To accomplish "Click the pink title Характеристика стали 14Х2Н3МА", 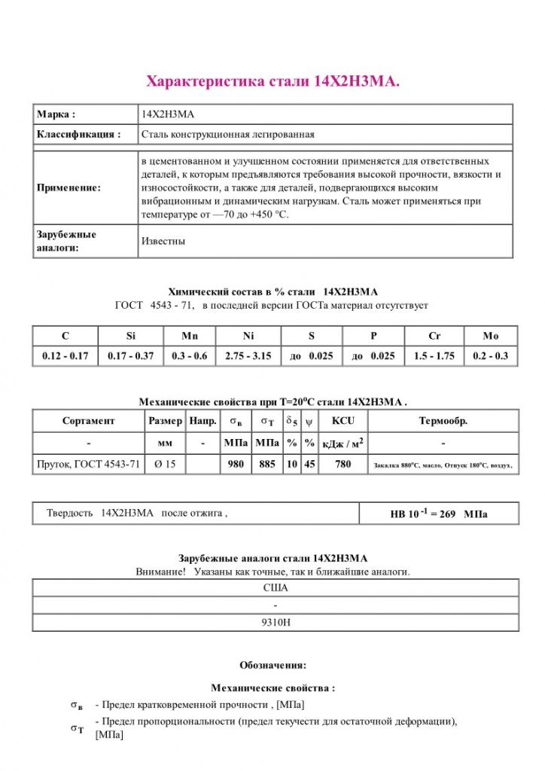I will click(272, 81).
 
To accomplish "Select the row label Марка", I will click(56, 114).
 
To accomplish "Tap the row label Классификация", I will click(79, 135).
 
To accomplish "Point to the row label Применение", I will click(69, 187).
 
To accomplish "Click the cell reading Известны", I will click(163, 242).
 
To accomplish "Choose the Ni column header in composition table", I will click(248, 336).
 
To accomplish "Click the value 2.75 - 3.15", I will click(248, 356).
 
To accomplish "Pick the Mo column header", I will click(491, 336).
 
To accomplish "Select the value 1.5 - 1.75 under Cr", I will click(434, 356).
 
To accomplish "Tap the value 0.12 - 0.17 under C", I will click(65, 356).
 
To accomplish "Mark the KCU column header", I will click(343, 421).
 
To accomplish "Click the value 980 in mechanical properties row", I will click(236, 465).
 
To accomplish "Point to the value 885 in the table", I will click(267, 465).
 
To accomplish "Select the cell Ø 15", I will click(165, 465).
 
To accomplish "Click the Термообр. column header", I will click(443, 421).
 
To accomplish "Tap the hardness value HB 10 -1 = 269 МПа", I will click(438, 514).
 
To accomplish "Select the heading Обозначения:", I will click(272, 665).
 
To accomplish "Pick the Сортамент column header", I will click(89, 421).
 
